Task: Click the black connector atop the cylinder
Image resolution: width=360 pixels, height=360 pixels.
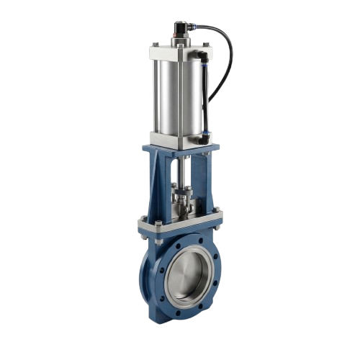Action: pos(181,31)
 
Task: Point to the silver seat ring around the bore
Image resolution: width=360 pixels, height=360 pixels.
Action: pos(169,277)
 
